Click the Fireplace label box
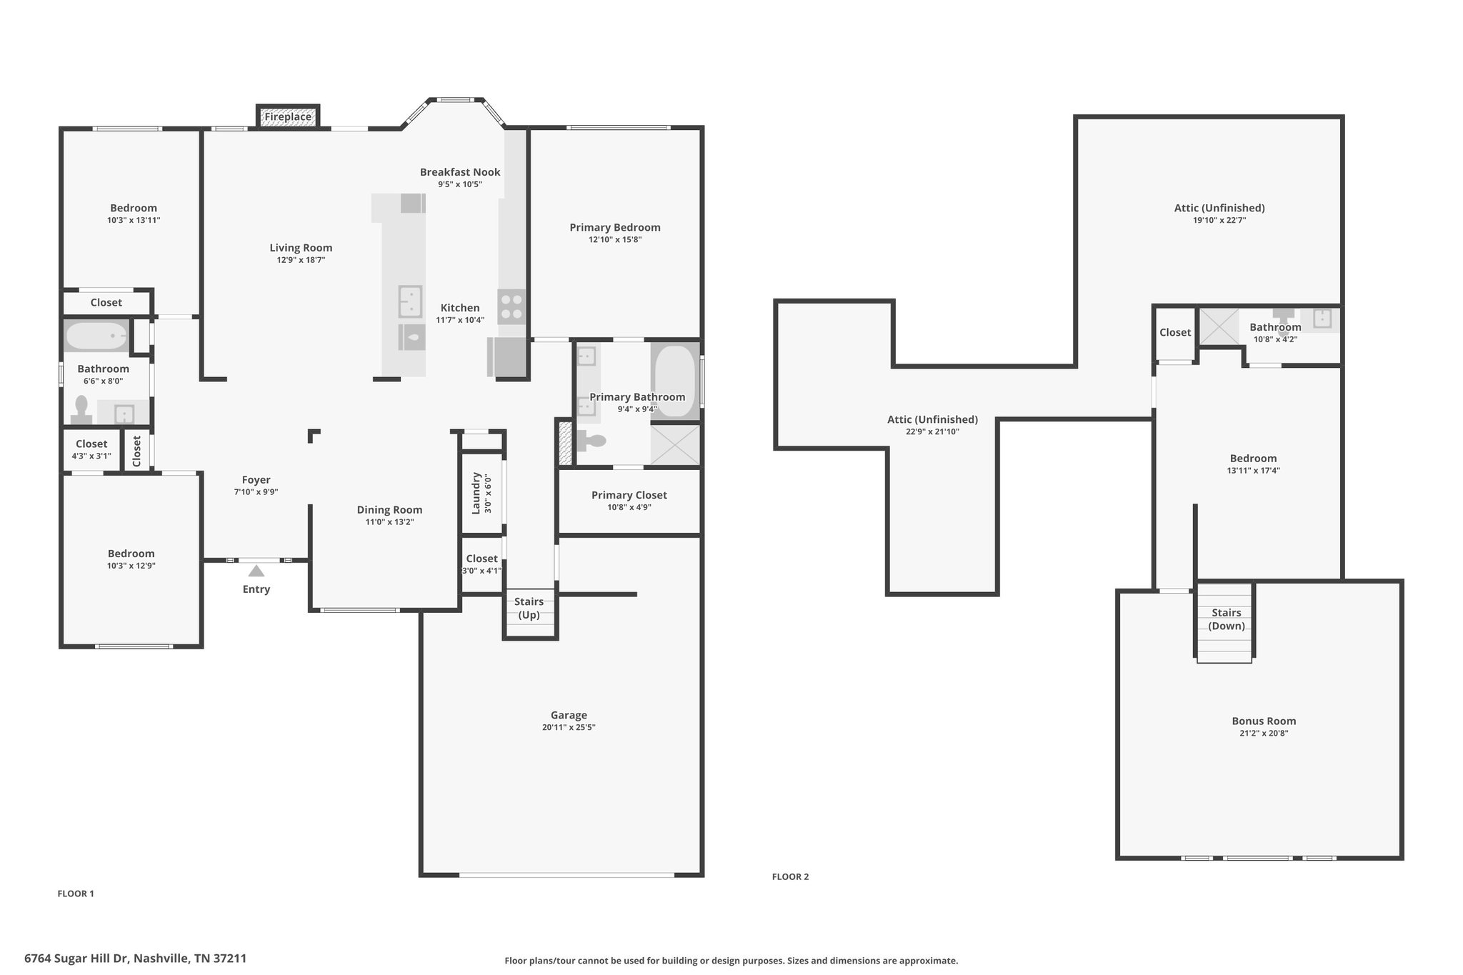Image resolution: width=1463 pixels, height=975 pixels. pyautogui.click(x=288, y=116)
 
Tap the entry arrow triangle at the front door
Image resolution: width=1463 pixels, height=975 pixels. pyautogui.click(x=256, y=570)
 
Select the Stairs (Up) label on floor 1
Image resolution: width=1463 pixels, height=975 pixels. pyautogui.click(x=529, y=608)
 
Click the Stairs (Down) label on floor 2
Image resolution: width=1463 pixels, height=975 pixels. pyautogui.click(x=1227, y=619)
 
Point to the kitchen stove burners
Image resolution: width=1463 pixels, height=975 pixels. pyautogui.click(x=511, y=306)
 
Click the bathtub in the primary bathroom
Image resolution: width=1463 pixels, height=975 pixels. pyautogui.click(x=674, y=381)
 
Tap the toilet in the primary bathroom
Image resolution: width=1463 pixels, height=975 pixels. pyautogui.click(x=591, y=441)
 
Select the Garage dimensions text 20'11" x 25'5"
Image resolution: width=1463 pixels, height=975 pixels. pyautogui.click(x=569, y=728)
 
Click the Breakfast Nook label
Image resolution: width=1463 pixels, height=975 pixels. pyautogui.click(x=460, y=172)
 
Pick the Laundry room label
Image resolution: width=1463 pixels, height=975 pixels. pyautogui.click(x=477, y=493)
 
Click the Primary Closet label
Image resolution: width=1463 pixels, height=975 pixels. pyautogui.click(x=629, y=495)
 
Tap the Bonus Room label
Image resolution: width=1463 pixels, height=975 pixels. pyautogui.click(x=1264, y=721)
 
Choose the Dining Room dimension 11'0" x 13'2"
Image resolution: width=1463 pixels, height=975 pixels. pyautogui.click(x=390, y=522)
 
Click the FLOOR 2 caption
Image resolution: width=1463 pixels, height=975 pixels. pyautogui.click(x=791, y=877)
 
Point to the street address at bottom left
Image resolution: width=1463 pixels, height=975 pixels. pyautogui.click(x=136, y=959)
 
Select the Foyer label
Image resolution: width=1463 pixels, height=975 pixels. pyautogui.click(x=256, y=480)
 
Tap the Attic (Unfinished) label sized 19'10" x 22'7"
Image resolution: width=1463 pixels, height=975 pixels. pyautogui.click(x=1219, y=208)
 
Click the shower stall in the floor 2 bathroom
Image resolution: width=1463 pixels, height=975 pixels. pyautogui.click(x=1219, y=326)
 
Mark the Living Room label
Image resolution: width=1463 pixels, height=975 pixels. pyautogui.click(x=301, y=248)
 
